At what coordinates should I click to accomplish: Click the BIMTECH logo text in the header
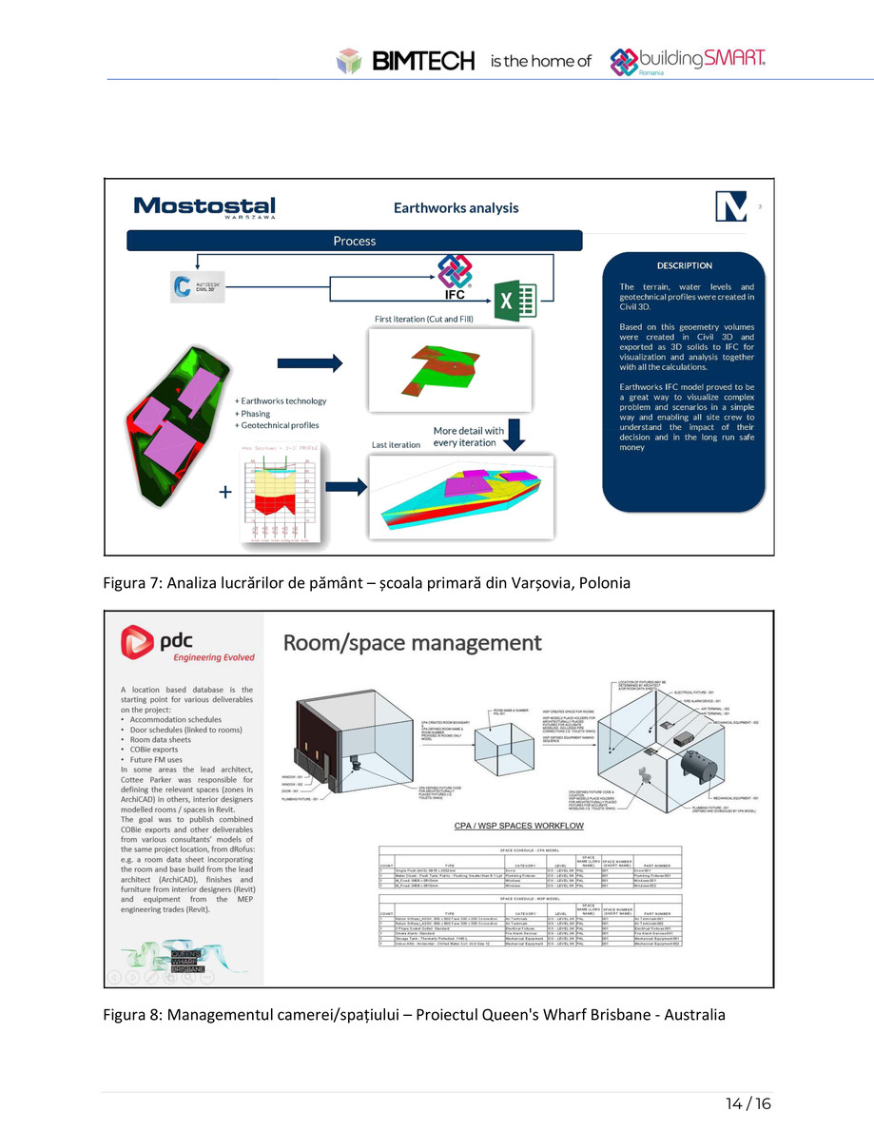(423, 62)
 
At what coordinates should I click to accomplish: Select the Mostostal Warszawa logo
(204, 207)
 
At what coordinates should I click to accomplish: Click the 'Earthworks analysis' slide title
(456, 207)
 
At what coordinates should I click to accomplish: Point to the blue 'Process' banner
(355, 241)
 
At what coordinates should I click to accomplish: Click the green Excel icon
(515, 302)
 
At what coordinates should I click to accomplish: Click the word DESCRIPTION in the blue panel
(684, 265)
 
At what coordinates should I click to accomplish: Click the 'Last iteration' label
(395, 444)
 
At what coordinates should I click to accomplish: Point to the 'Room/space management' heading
(413, 642)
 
